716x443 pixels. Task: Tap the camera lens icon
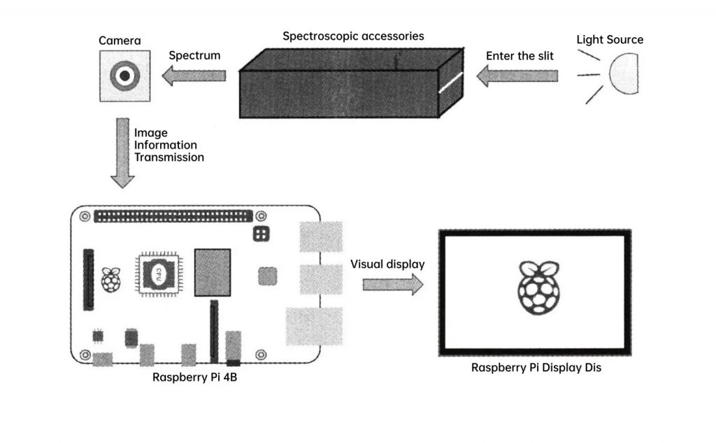pos(124,76)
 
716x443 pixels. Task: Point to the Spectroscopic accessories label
pos(353,36)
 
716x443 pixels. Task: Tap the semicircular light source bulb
pos(622,76)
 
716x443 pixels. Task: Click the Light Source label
pos(610,40)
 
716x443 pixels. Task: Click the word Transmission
pos(169,157)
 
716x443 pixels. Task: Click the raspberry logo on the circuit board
pos(110,279)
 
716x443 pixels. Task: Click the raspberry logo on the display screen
pos(534,287)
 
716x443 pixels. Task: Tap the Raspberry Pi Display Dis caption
pos(536,367)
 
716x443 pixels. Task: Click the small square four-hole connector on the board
pos(262,234)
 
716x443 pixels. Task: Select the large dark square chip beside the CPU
pos(213,272)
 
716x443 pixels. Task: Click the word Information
pos(166,145)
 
